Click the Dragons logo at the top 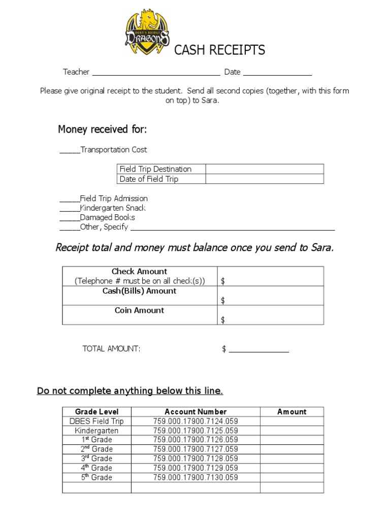pyautogui.click(x=147, y=35)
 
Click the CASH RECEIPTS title pyautogui.click(x=219, y=50)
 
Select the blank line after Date pyautogui.click(x=277, y=73)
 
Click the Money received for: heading pyautogui.click(x=102, y=129)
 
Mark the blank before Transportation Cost pyautogui.click(x=70, y=151)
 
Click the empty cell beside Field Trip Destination pyautogui.click(x=264, y=169)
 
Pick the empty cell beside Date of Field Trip pyautogui.click(x=264, y=179)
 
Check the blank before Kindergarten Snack pyautogui.click(x=70, y=209)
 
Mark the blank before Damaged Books pyautogui.click(x=70, y=219)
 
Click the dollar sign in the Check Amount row pyautogui.click(x=222, y=281)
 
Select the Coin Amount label pyautogui.click(x=140, y=310)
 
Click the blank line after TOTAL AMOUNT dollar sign pyautogui.click(x=259, y=350)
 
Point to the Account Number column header pyautogui.click(x=196, y=412)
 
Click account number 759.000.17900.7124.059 pyautogui.click(x=196, y=421)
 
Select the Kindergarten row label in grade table pyautogui.click(x=96, y=431)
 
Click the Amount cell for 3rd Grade pyautogui.click(x=291, y=459)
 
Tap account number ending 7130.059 pyautogui.click(x=196, y=477)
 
